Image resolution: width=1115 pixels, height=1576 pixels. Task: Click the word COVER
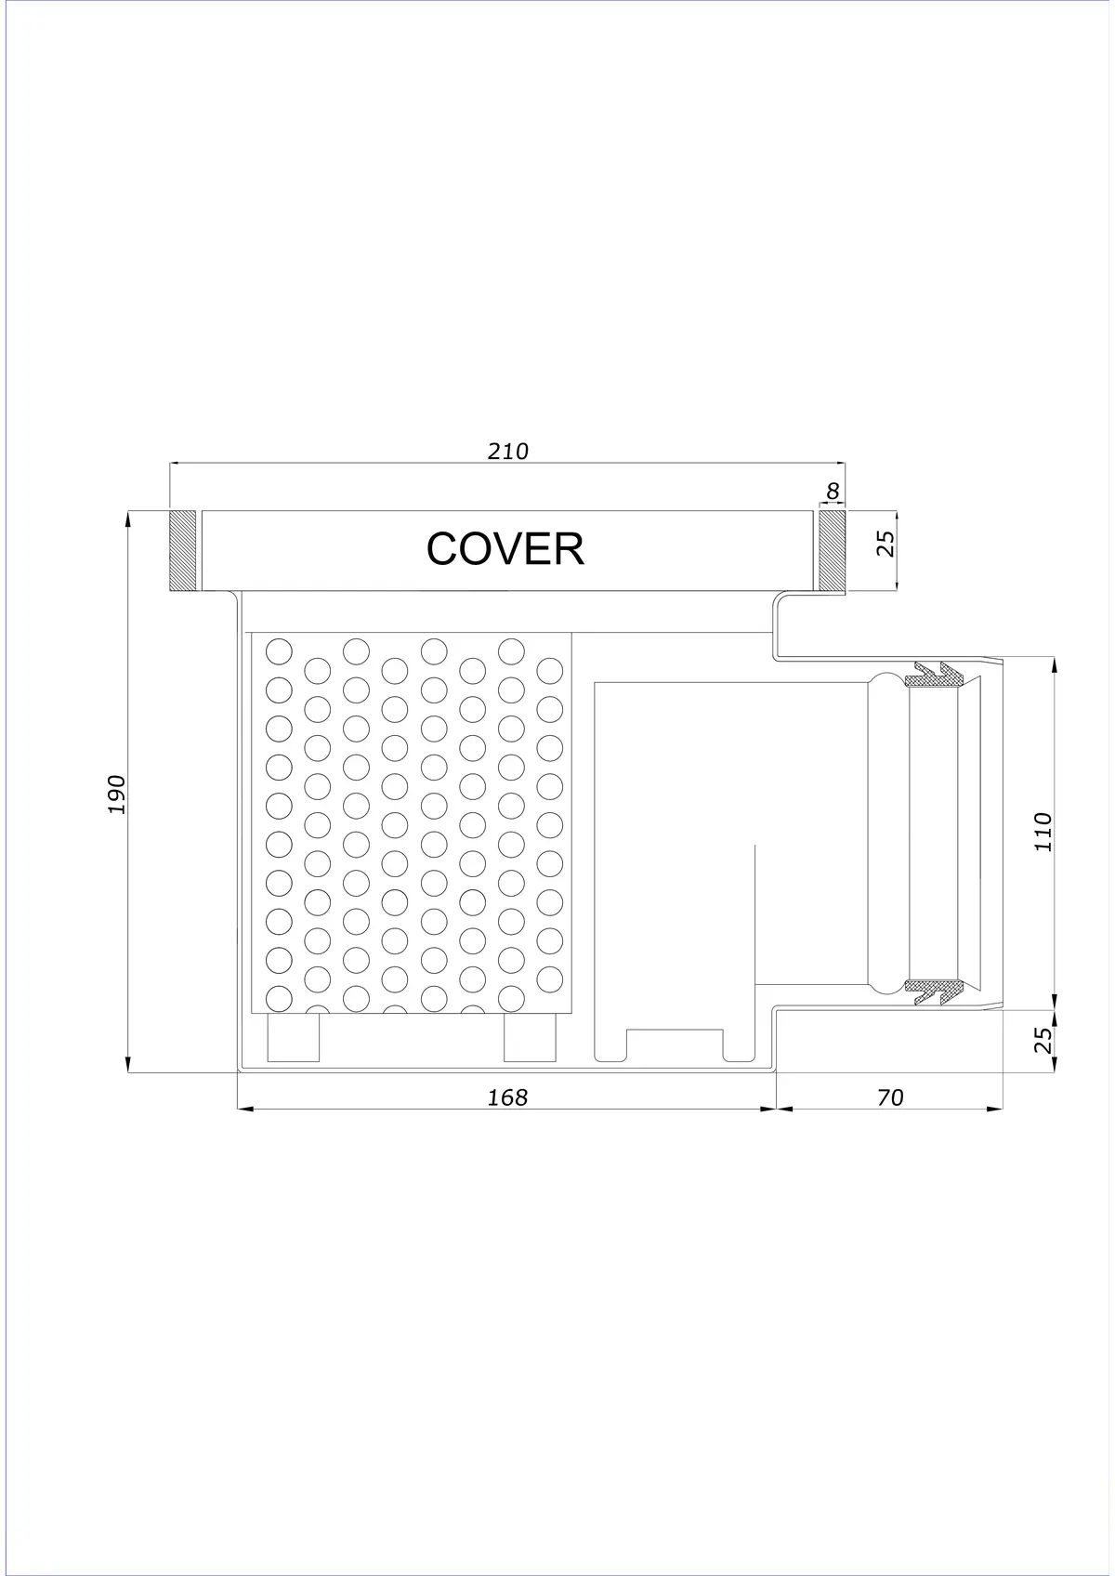505,549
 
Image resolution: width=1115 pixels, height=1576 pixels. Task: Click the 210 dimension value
508,451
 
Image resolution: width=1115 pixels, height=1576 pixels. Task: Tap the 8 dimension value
833,491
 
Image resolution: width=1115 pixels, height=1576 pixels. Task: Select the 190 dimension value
117,795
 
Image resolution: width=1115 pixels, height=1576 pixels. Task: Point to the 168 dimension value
507,1097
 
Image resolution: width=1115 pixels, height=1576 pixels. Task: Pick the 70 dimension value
890,1097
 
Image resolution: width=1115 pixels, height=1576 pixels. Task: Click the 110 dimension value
1043,833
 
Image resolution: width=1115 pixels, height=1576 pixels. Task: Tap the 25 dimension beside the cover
887,544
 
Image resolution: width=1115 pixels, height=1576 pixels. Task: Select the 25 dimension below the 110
1044,1040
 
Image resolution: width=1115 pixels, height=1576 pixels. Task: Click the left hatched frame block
182,550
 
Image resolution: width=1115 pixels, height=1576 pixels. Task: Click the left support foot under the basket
294,1036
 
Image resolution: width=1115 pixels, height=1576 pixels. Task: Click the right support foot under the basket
530,1036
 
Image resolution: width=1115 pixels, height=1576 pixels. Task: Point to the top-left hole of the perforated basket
280,650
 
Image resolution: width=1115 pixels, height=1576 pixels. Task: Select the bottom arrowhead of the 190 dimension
128,1065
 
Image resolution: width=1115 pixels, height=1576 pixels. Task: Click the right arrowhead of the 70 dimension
995,1110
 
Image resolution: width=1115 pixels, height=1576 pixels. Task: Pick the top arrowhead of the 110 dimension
1054,665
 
